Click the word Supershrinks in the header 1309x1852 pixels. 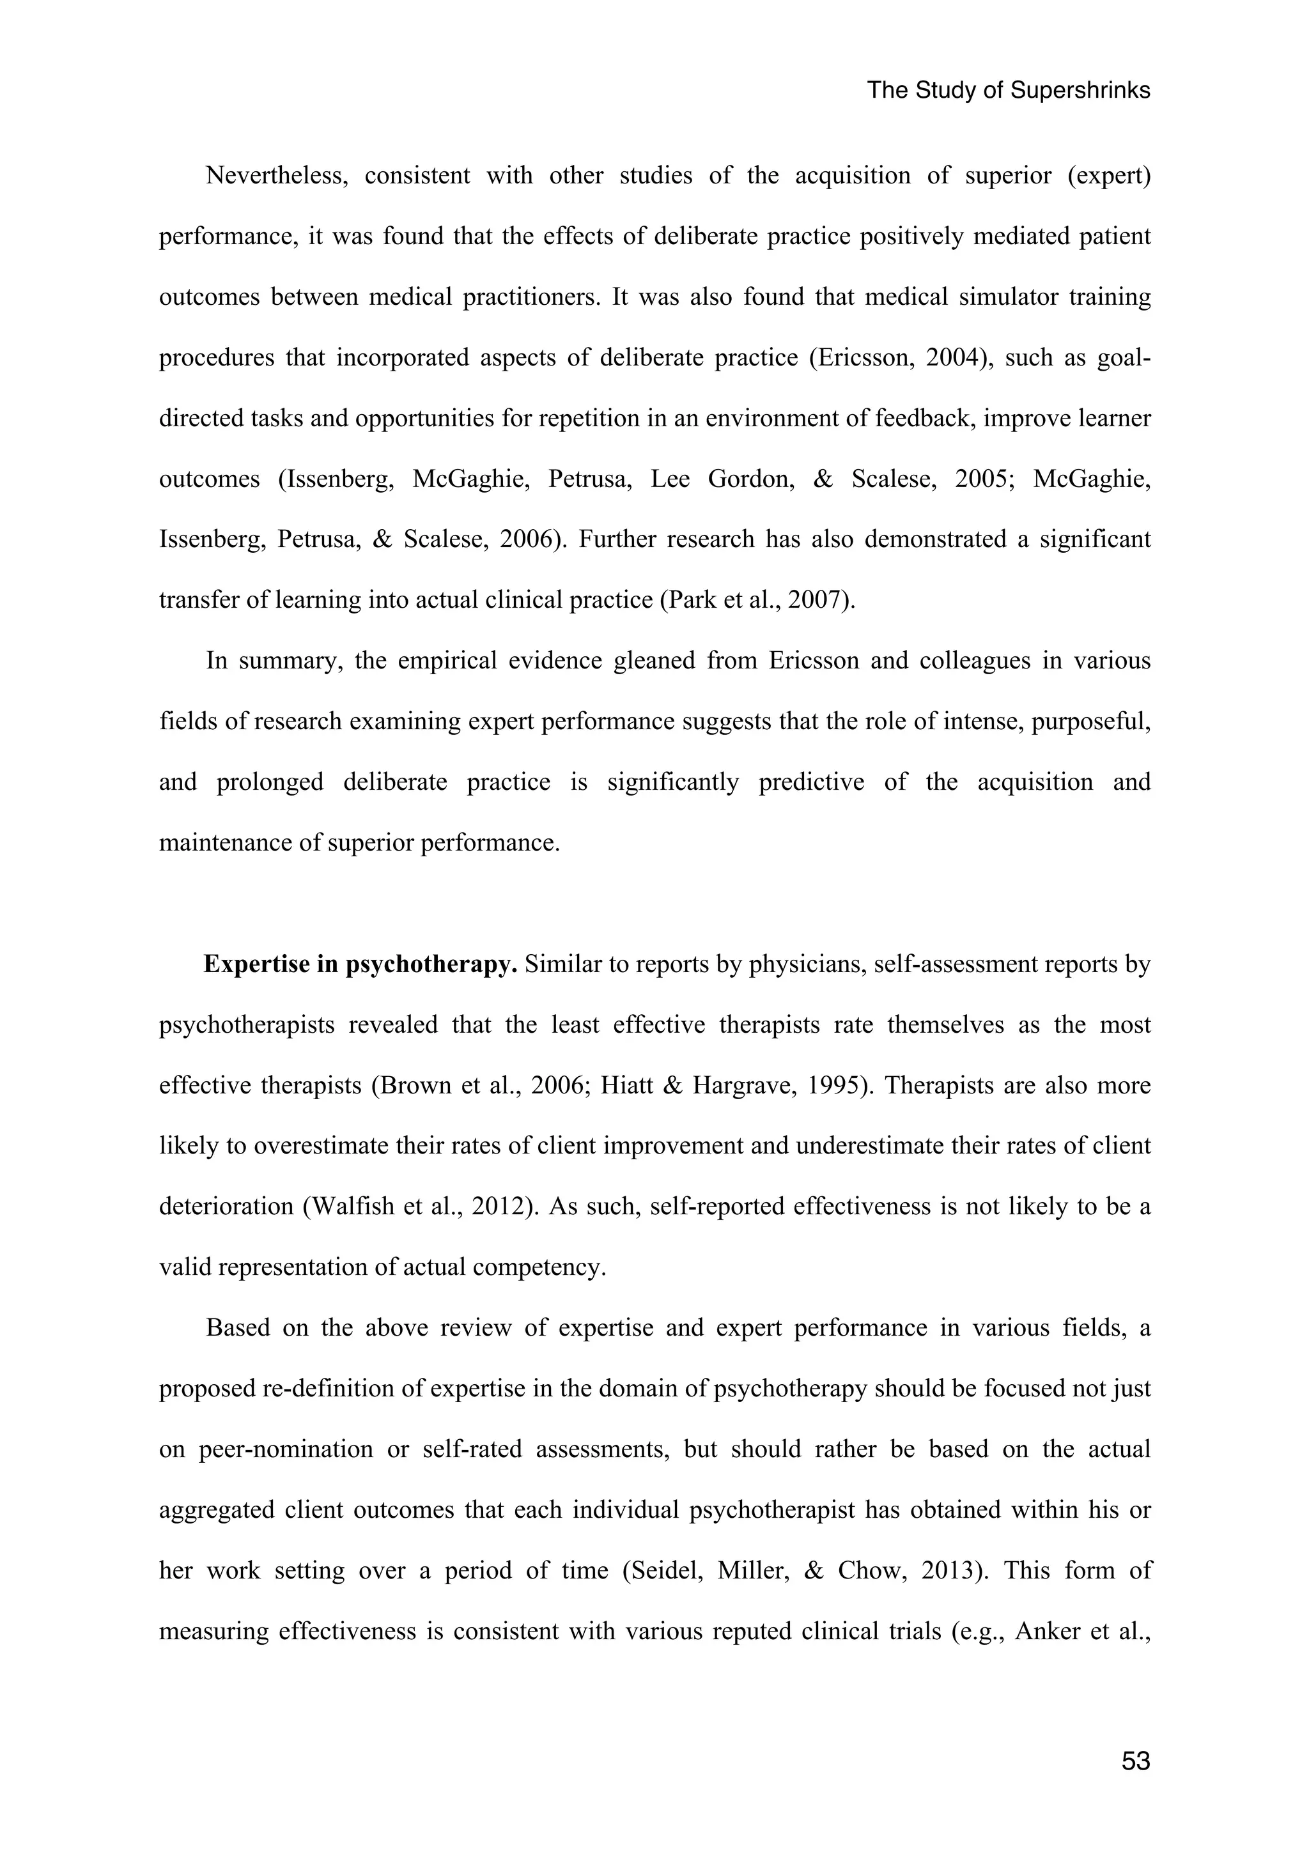pyautogui.click(x=1080, y=90)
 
